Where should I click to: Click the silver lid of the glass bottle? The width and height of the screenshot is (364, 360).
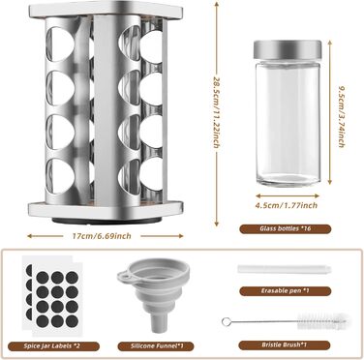pos(288,47)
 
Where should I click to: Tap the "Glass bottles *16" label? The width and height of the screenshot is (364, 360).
pos(286,228)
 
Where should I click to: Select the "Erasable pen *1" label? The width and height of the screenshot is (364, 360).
pos(286,291)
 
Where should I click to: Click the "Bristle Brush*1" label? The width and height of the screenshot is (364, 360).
pos(285,345)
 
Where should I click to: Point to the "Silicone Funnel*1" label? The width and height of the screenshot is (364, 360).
pos(156,346)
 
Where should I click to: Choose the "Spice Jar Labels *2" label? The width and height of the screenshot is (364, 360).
pos(53,346)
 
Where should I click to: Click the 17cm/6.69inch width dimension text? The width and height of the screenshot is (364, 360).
pos(102,236)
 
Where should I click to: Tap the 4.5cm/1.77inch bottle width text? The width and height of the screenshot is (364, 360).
pos(287,205)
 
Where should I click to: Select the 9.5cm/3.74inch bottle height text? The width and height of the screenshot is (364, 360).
pos(341,116)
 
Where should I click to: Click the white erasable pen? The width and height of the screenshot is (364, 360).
pos(285,269)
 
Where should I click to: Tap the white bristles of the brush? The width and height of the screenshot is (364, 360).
pos(321,321)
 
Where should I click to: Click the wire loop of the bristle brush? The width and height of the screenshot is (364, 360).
pos(226,321)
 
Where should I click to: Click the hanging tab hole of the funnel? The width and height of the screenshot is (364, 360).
pos(123,276)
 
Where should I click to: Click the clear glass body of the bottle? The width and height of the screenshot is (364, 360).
pos(288,120)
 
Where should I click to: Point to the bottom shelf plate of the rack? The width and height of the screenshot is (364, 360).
pos(106,210)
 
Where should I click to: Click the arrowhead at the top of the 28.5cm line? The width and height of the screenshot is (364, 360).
pos(217,4)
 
